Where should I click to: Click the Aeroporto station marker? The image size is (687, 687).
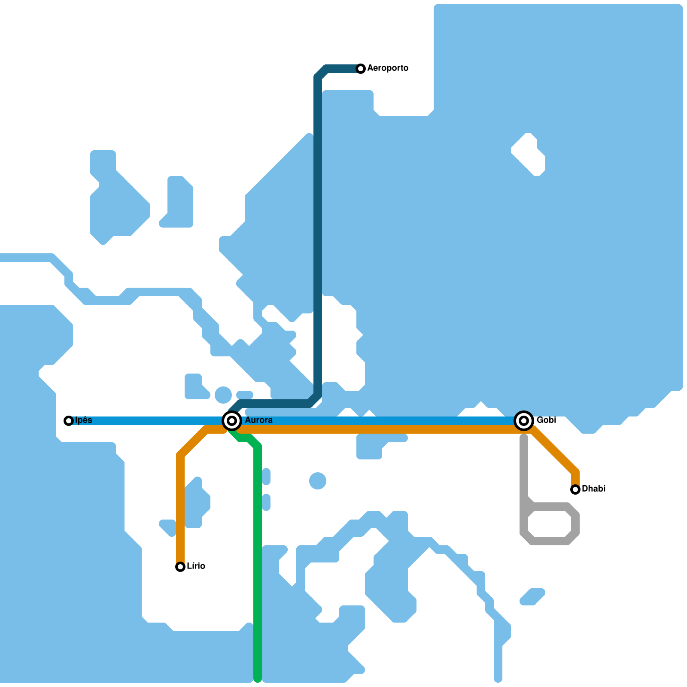tap(361, 69)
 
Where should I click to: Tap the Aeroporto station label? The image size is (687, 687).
tap(388, 68)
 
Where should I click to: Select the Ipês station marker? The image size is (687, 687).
tap(69, 421)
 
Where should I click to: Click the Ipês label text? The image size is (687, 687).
tap(84, 420)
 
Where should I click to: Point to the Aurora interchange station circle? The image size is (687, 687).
tap(232, 421)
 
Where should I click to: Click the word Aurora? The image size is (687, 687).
tap(258, 420)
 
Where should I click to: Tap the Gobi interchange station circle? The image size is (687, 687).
tap(524, 421)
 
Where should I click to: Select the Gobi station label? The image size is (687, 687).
tap(546, 420)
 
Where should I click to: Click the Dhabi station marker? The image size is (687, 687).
tap(575, 489)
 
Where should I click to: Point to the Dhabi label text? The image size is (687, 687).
tap(593, 489)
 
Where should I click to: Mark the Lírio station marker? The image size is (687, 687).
tap(180, 567)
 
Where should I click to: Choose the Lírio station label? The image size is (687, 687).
tap(196, 566)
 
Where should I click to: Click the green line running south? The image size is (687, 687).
tap(258, 558)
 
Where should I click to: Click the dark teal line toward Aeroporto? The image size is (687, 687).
tap(318, 236)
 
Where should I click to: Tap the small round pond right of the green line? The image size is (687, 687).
tap(318, 481)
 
